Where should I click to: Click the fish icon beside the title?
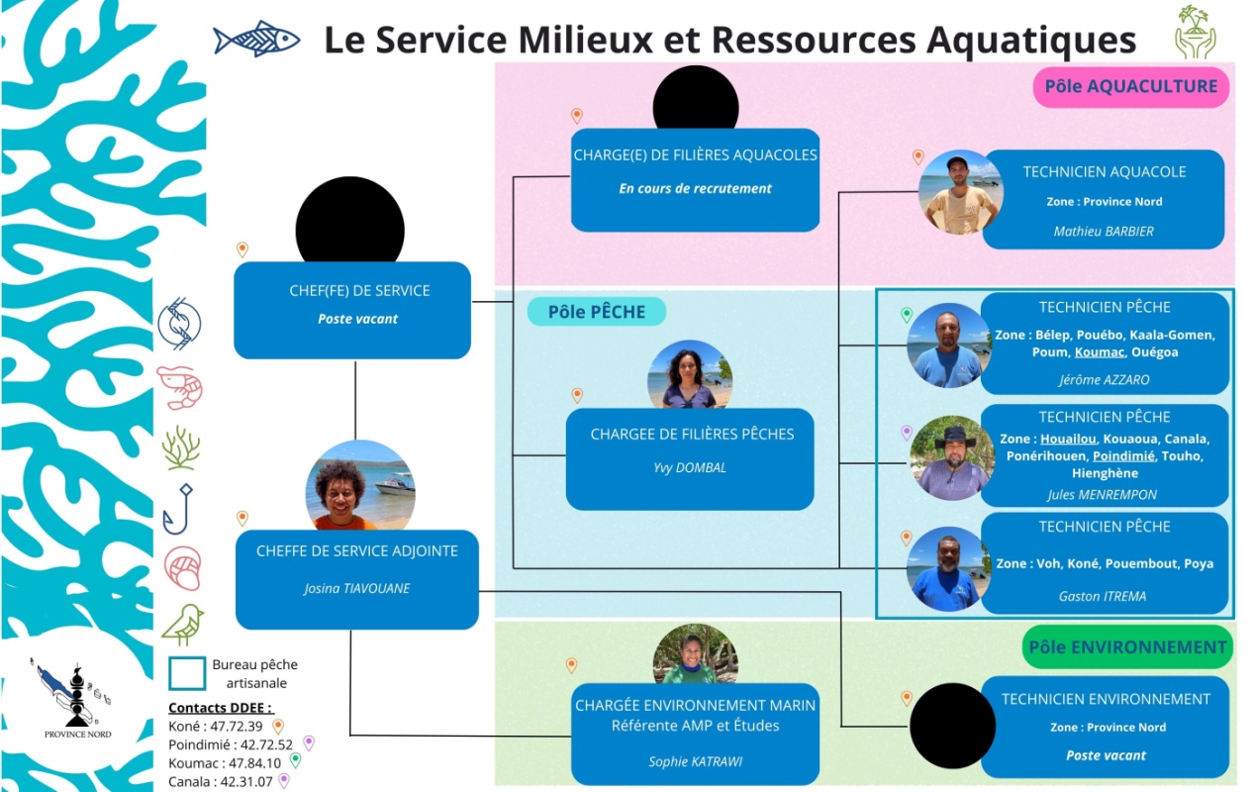pyautogui.click(x=256, y=39)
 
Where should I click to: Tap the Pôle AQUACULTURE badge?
pyautogui.click(x=1130, y=87)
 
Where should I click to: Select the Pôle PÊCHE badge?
pyautogui.click(x=596, y=312)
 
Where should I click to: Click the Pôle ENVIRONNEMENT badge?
pyautogui.click(x=1127, y=647)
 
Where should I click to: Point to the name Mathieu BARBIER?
pyautogui.click(x=1104, y=232)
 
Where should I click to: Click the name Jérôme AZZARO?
pyautogui.click(x=1104, y=379)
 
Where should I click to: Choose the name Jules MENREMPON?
pyautogui.click(x=1102, y=495)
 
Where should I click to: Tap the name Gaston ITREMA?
pyautogui.click(x=1104, y=596)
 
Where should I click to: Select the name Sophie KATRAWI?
pyautogui.click(x=695, y=761)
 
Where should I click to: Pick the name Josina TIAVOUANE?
pyautogui.click(x=356, y=588)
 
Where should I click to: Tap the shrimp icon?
pyautogui.click(x=180, y=386)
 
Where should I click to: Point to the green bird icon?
pyautogui.click(x=182, y=625)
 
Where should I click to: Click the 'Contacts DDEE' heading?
pyautogui.click(x=220, y=708)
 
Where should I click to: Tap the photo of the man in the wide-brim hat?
pyautogui.click(x=952, y=457)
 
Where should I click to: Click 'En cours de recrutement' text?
pyautogui.click(x=695, y=188)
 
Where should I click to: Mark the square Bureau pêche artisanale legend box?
pyautogui.click(x=187, y=673)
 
